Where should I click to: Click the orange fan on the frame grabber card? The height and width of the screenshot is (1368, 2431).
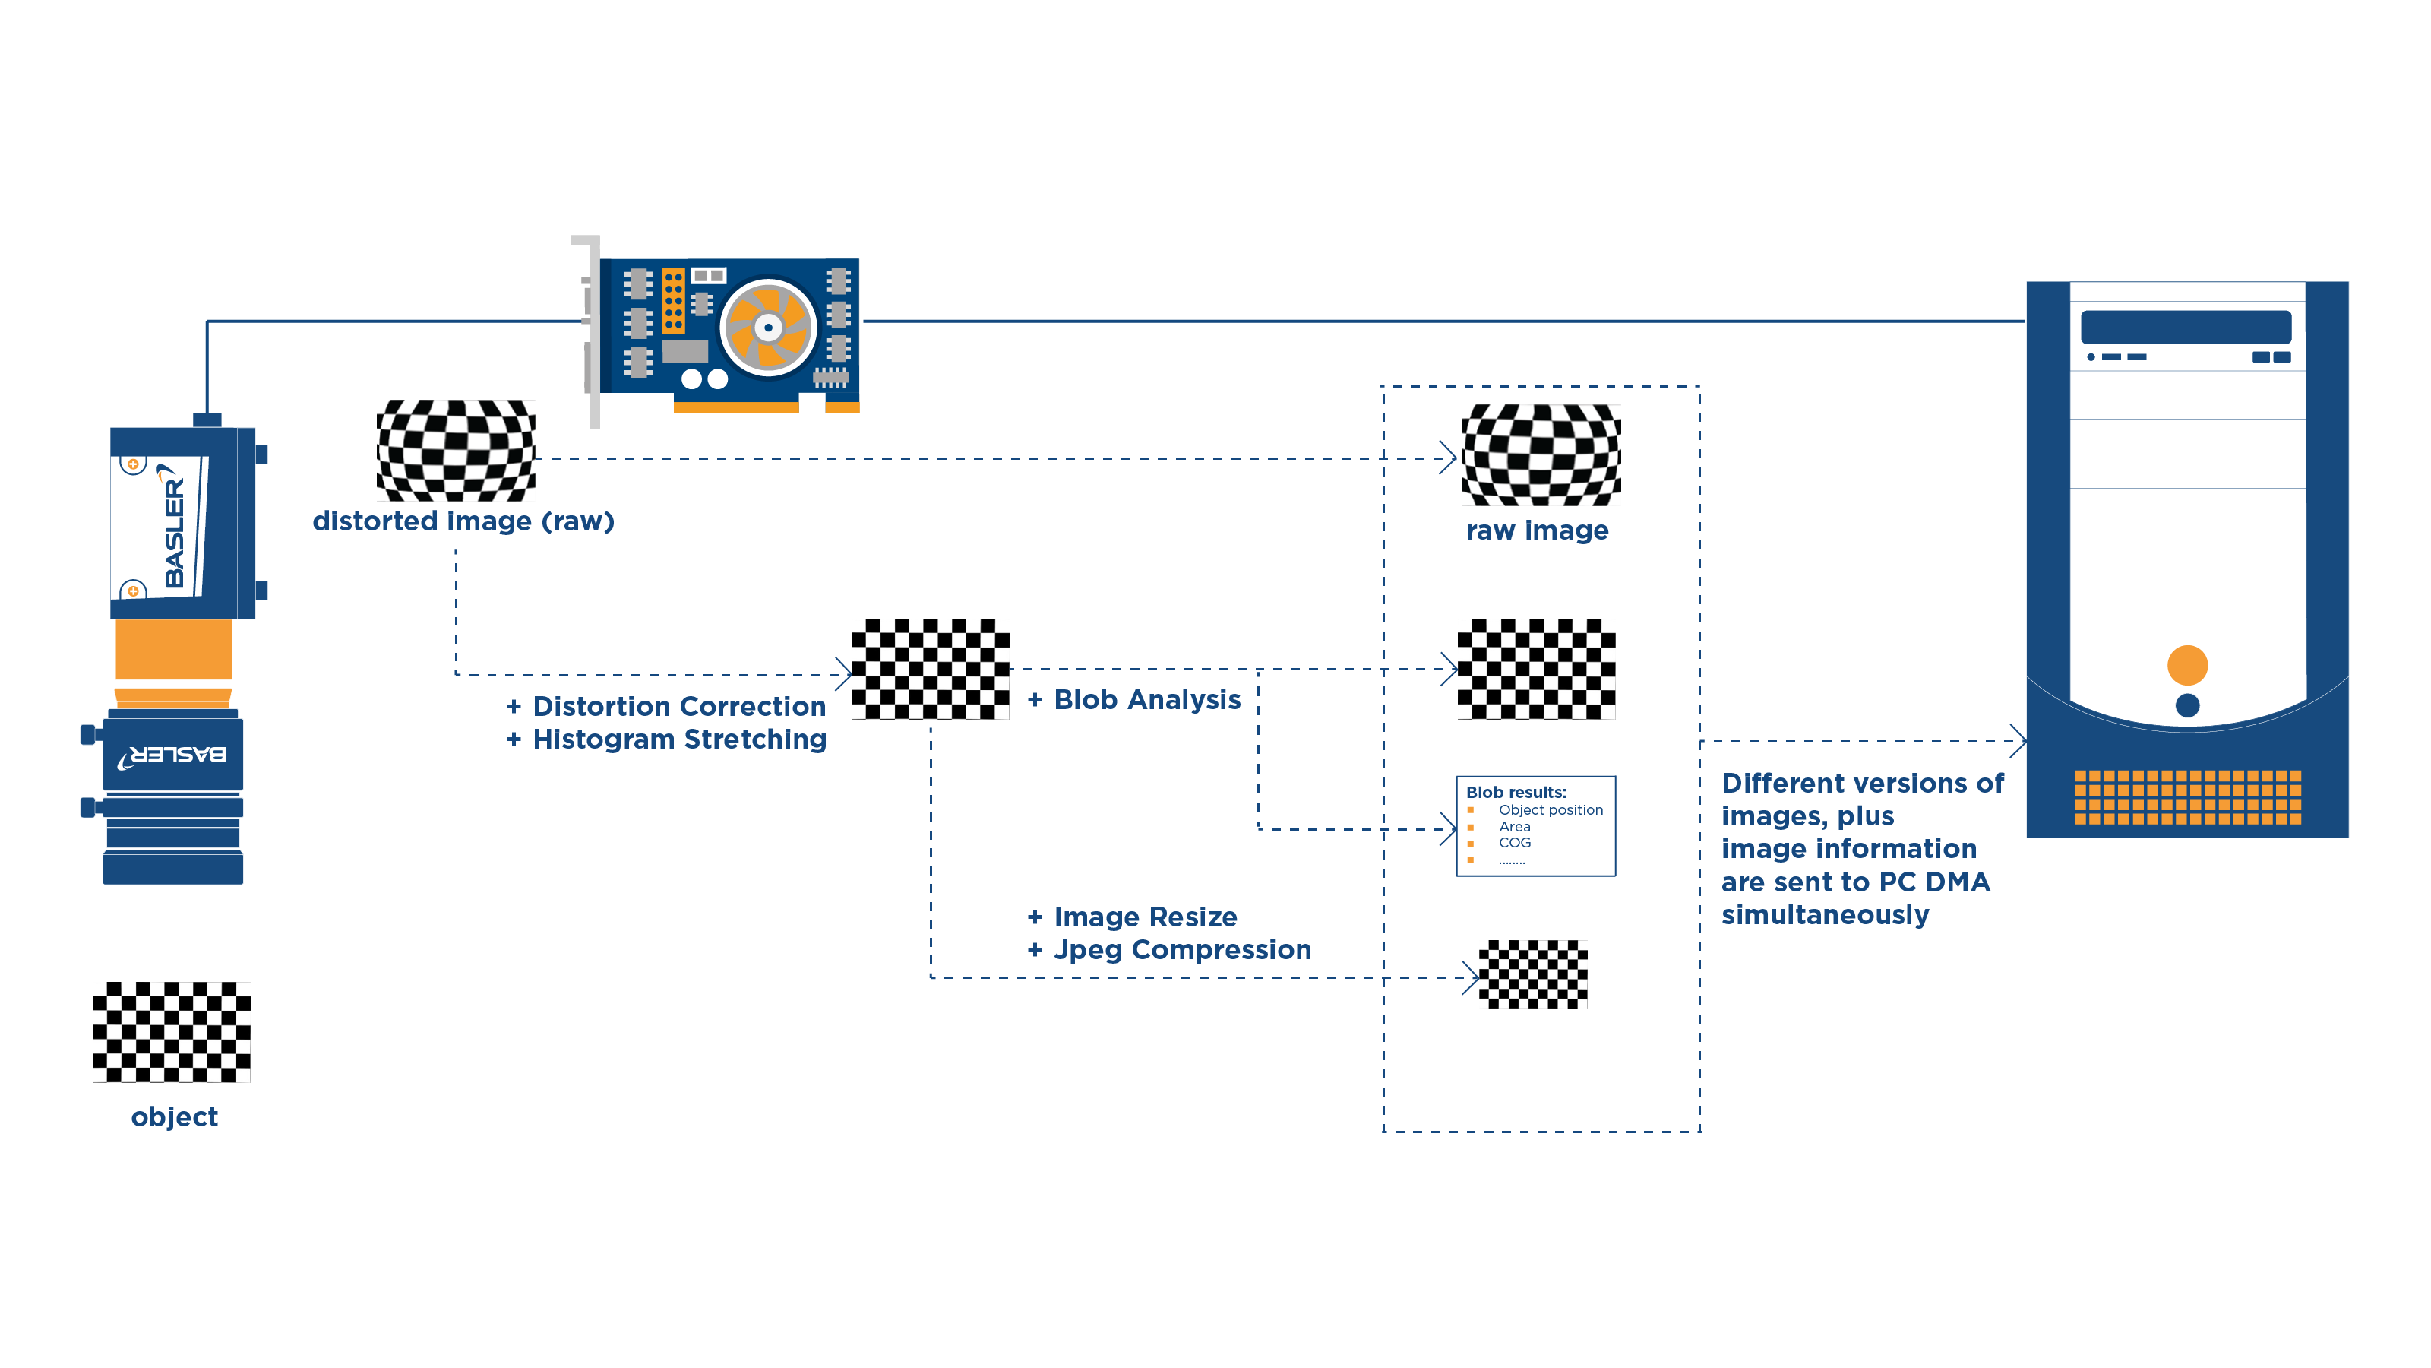(x=768, y=328)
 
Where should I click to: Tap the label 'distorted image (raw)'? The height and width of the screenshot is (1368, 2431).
(x=463, y=521)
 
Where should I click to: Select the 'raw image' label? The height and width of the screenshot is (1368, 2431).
(x=1538, y=530)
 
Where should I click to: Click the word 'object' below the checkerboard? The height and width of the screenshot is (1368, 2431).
(x=175, y=1117)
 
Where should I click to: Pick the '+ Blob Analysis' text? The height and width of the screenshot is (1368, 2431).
(x=1134, y=699)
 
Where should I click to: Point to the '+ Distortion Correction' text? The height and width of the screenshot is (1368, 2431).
(x=666, y=706)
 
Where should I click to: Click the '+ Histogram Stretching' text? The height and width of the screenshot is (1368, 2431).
(x=666, y=739)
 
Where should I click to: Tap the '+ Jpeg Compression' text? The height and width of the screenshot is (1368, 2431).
(x=1169, y=950)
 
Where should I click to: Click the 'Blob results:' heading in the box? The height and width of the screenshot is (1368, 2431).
(x=1516, y=792)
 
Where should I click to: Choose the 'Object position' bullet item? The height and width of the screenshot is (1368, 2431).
(x=1550, y=810)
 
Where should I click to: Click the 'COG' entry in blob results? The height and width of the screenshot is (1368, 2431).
(x=1514, y=843)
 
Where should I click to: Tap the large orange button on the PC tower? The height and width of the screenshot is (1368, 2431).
(x=2186, y=665)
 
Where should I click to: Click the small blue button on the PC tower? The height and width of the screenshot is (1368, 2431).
(x=2186, y=705)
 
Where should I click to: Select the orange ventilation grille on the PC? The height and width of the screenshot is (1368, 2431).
(x=2186, y=796)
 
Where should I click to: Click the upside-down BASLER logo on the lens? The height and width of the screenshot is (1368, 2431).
(x=172, y=755)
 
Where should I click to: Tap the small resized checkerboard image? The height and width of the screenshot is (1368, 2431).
(x=1532, y=974)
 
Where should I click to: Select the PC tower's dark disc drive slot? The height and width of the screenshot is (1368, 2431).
(x=2186, y=327)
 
